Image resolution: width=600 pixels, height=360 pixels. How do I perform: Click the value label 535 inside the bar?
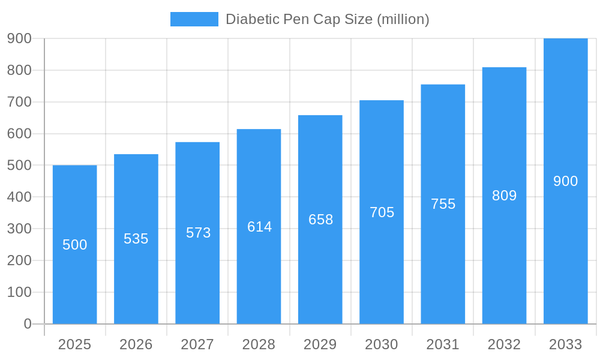coord(136,239)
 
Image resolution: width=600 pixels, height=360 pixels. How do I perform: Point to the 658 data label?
coord(320,220)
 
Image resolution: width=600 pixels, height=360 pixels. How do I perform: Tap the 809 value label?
coord(504,196)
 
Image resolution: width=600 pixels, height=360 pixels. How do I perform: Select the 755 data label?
coord(443,204)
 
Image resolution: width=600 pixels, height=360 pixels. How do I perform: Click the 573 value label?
coord(198,233)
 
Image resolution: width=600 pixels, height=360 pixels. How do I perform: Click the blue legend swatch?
coord(194,19)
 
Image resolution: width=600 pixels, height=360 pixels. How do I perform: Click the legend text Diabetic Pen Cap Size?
coord(327,19)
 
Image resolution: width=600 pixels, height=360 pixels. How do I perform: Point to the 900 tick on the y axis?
coord(19,38)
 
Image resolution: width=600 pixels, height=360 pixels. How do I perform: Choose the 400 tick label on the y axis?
coord(19,197)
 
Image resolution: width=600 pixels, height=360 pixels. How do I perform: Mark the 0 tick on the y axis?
coord(28,324)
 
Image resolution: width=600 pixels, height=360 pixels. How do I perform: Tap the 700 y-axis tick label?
coord(19,102)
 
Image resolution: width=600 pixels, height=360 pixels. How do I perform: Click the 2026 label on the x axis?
coord(136,344)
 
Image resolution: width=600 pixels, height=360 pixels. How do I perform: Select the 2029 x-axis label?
coord(320,344)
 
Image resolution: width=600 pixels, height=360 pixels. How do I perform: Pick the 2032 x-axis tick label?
coord(504,344)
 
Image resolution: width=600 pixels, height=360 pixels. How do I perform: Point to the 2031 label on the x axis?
coord(443,344)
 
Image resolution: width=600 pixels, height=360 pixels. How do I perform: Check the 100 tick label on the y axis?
coord(19,292)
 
